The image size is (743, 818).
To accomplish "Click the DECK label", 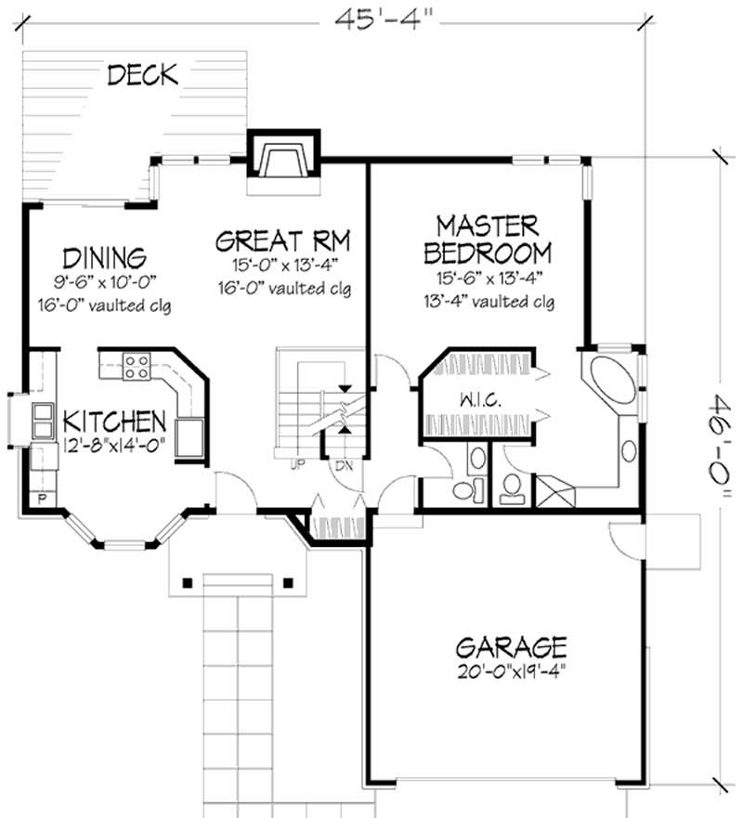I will [142, 75].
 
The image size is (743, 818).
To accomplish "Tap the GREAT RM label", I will [282, 241].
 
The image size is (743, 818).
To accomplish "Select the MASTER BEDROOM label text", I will [487, 239].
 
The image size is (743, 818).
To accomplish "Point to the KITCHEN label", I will [115, 422].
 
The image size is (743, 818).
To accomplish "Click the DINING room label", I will [104, 257].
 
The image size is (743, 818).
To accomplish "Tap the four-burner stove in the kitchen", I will [137, 367].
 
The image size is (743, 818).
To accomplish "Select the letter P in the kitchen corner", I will [42, 499].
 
